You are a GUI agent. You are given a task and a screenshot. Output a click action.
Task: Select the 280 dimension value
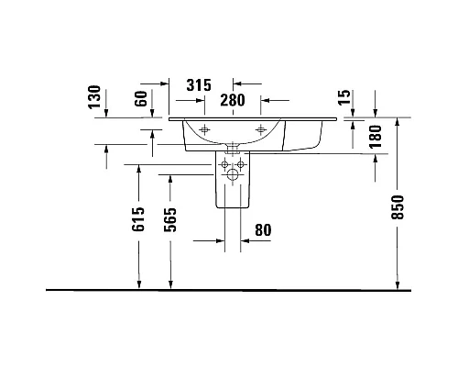234,100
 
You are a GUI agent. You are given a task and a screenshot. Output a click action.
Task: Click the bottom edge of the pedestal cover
233,208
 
